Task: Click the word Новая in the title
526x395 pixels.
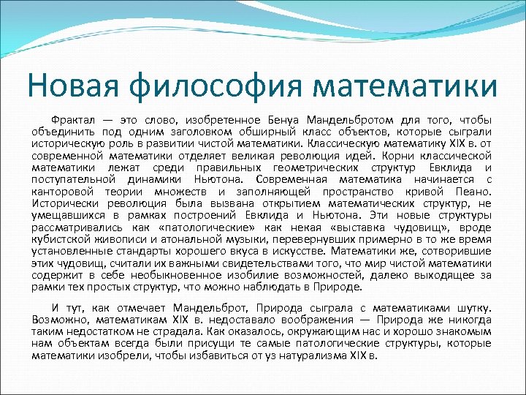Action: coord(67,86)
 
